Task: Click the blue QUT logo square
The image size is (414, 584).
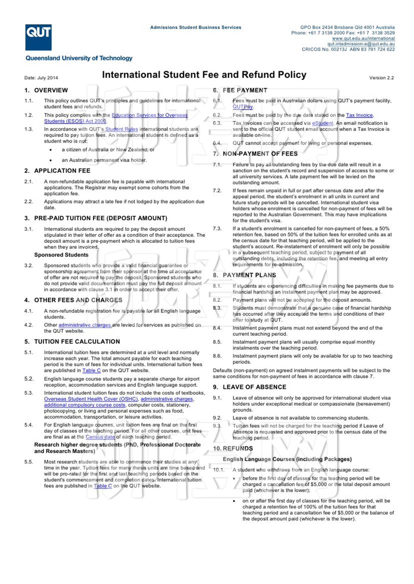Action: (x=38, y=37)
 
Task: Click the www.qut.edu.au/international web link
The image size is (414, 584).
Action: (x=363, y=38)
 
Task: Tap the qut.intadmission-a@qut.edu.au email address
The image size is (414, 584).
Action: (x=361, y=44)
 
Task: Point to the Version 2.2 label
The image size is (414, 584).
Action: (x=381, y=78)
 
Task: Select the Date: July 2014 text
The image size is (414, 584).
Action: (x=41, y=78)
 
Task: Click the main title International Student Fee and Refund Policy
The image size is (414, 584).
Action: (x=204, y=75)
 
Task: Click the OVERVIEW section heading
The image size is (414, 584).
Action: (x=51, y=90)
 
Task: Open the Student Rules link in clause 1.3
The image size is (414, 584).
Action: (x=122, y=129)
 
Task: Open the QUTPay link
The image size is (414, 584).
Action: (x=243, y=107)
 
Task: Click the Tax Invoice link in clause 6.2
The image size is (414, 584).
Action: (x=359, y=115)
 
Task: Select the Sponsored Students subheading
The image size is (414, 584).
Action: (x=61, y=255)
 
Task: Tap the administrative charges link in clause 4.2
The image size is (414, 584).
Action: (x=85, y=325)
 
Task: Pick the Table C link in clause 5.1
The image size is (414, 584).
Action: (x=91, y=370)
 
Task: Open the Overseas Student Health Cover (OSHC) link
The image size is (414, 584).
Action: (x=91, y=399)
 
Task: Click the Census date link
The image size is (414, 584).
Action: (x=100, y=437)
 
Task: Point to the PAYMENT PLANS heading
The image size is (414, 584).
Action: (x=249, y=275)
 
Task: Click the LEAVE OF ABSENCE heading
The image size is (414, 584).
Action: (x=254, y=387)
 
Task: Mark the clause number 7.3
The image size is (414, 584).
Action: (x=217, y=229)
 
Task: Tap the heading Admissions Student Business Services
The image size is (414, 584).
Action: (x=196, y=27)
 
